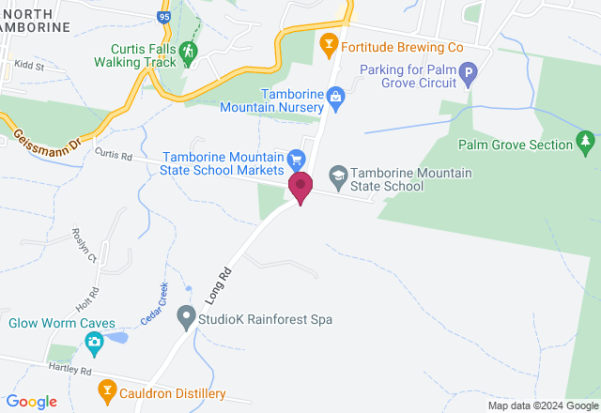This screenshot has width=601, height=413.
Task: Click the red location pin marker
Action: pos(300,187)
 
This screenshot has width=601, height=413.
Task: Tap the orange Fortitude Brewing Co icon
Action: pos(328,43)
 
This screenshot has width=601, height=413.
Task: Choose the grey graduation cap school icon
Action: pos(337,175)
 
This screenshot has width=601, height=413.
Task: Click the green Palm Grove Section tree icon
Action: pos(587,143)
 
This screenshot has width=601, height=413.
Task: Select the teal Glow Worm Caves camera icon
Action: pos(94,344)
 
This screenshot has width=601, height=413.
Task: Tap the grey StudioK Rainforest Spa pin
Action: pos(186,318)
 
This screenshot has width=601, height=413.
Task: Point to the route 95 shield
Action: pos(163,16)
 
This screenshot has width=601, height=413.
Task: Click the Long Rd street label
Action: pos(220,282)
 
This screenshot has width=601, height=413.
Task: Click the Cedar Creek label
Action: pos(154,303)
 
